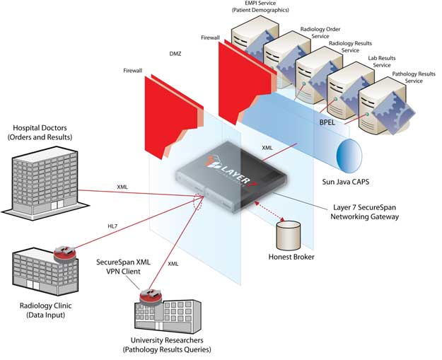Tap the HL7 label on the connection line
[112, 226]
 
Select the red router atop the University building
[149, 294]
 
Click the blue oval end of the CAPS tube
[350, 155]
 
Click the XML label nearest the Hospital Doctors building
[122, 187]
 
